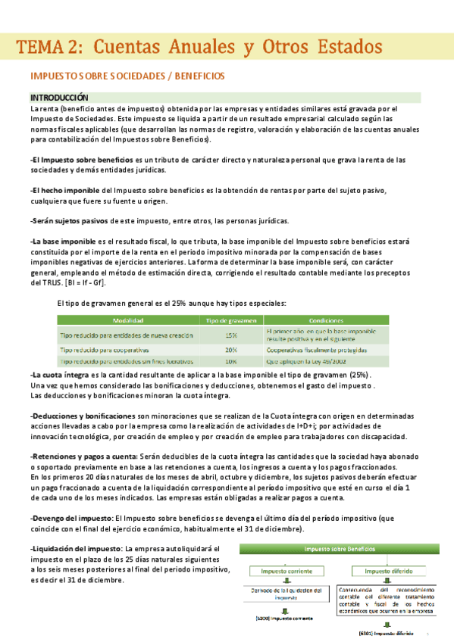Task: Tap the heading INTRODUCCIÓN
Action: (59, 98)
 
